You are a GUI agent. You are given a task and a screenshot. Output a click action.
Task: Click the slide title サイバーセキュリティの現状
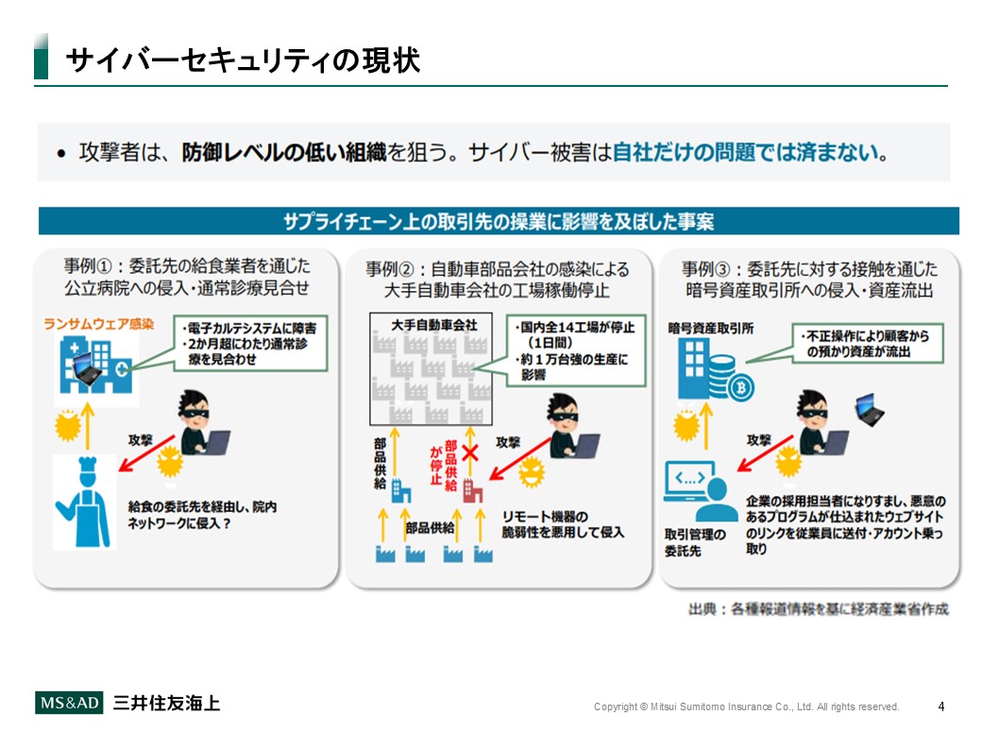(243, 60)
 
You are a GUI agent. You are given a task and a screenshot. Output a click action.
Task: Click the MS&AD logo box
(69, 703)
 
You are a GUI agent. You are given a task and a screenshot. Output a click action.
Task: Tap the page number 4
(940, 706)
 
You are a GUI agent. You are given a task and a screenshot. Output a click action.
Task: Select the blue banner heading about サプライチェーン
(499, 221)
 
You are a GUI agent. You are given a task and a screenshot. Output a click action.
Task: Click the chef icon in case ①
(84, 502)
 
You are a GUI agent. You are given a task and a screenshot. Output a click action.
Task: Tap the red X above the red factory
(469, 451)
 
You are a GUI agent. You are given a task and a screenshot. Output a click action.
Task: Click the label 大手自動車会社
(433, 325)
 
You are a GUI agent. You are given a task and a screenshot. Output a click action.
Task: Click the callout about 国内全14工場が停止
(576, 350)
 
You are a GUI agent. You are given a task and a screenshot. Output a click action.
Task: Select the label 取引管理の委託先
(695, 542)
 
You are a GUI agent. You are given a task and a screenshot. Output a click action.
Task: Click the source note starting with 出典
(818, 609)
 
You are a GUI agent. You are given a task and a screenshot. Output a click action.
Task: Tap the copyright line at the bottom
(746, 706)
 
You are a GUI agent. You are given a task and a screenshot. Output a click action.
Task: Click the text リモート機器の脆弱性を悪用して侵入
(563, 524)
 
